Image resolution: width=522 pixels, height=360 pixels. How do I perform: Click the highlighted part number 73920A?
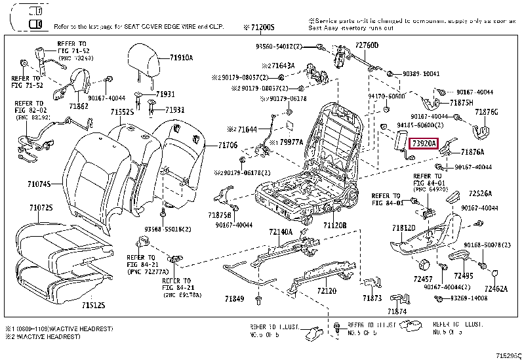pos(423,142)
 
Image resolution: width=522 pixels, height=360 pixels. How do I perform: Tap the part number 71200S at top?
pos(259,28)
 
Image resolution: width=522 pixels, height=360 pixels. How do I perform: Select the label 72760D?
pos(367,45)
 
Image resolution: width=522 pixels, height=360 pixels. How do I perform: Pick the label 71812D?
pos(404,228)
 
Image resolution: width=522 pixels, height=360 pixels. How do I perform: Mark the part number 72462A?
pos(496,288)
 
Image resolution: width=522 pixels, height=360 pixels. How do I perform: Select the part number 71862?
pos(79,106)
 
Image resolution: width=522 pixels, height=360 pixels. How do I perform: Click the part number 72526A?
pos(480,193)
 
